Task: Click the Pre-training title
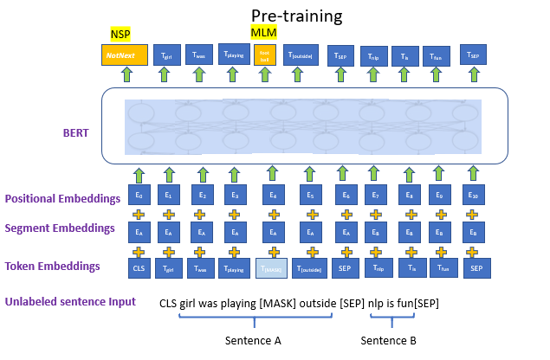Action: pos(296,16)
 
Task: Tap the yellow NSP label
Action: pos(120,33)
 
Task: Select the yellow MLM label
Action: pos(264,32)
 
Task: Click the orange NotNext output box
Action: pos(124,55)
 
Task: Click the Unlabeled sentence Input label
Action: pos(70,302)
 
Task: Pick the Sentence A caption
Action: pos(253,341)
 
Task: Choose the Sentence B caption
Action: pos(388,341)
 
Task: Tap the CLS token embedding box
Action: pos(139,269)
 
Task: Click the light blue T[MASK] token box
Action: pos(272,269)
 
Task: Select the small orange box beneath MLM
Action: pos(265,55)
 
